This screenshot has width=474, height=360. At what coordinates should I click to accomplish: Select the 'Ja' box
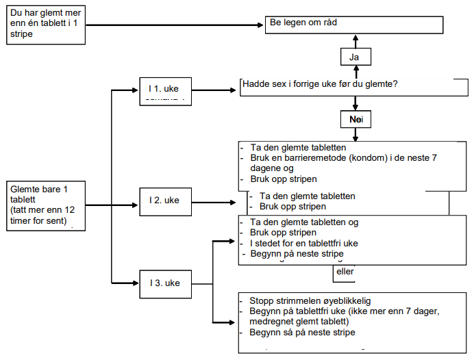(354, 57)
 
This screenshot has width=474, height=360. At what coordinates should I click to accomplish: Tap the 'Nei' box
(355, 120)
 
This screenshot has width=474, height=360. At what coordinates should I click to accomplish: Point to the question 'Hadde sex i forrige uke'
(320, 84)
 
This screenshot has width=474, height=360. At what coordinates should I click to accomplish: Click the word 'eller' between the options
(345, 271)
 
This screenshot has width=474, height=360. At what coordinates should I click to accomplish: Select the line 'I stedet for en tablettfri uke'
(304, 243)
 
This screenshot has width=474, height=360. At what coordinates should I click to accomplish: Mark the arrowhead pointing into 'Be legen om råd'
(261, 25)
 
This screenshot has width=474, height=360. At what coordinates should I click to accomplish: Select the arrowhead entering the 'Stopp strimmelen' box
(234, 322)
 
